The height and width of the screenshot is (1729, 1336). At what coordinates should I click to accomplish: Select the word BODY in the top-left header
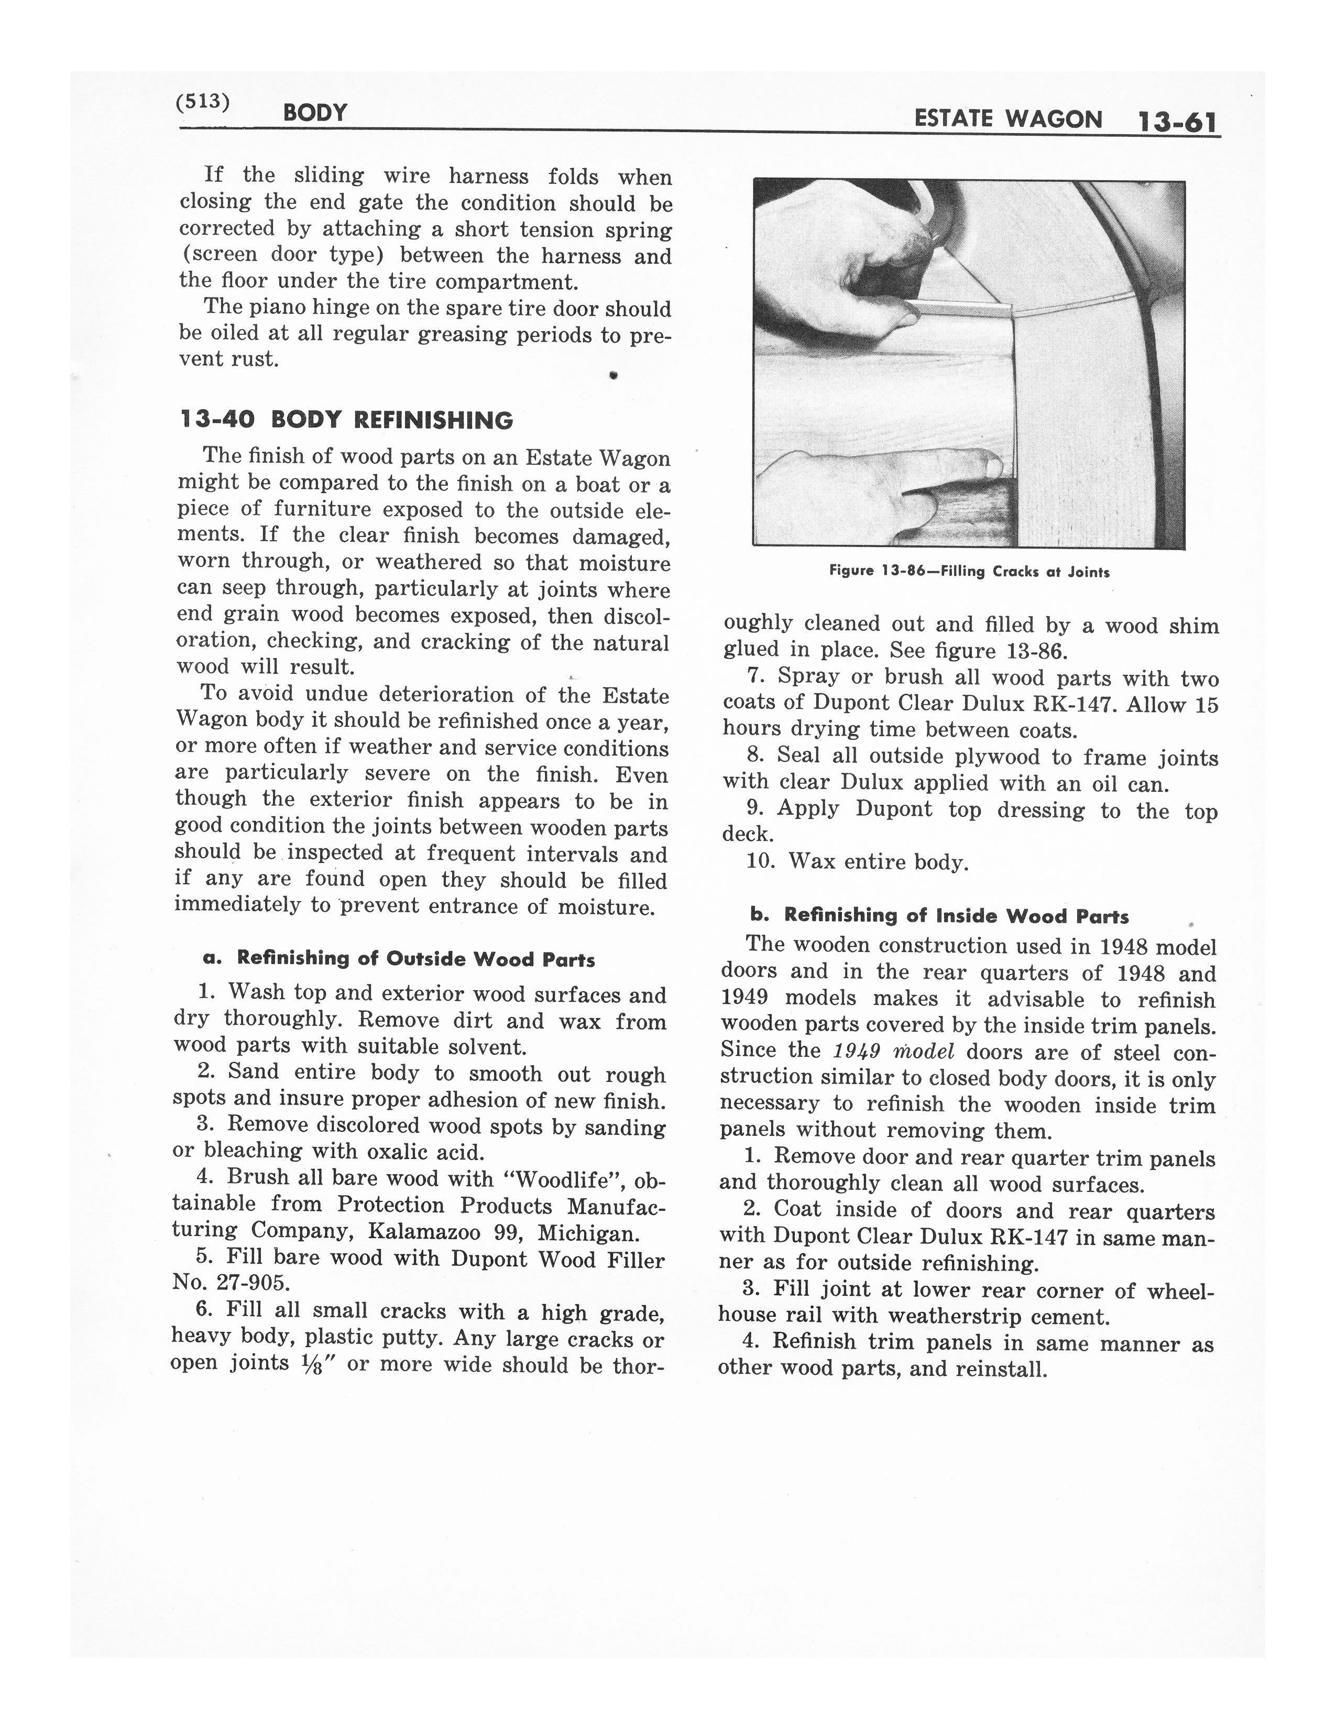315,113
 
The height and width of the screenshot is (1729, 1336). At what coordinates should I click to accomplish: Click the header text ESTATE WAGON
1008,119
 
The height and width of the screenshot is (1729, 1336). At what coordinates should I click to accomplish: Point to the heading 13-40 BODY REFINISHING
347,420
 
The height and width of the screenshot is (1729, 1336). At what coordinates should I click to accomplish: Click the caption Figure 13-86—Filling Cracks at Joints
969,571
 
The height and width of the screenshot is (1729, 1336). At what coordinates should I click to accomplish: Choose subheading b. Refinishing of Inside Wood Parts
939,915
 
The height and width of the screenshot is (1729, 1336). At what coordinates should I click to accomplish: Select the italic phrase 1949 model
894,1052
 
